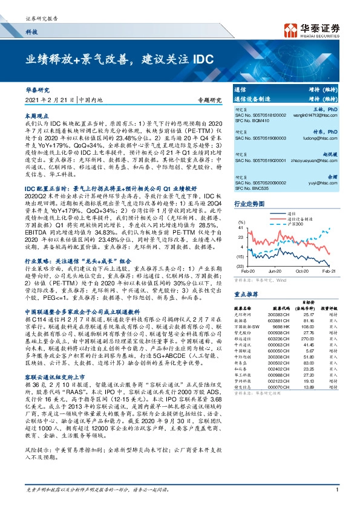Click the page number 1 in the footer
[335, 499]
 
